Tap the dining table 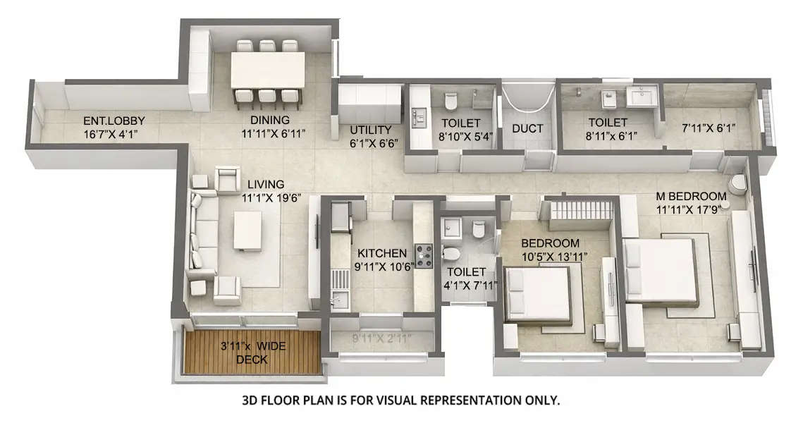point(268,70)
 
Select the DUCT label point(527,128)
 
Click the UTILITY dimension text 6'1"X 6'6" point(374,142)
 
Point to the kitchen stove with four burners point(424,255)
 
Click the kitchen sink point(339,300)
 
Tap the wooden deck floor point(251,353)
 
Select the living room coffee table point(247,231)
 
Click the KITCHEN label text point(381,253)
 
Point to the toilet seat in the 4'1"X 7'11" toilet point(451,253)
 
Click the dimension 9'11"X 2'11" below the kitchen point(381,338)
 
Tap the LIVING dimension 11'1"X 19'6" point(271,198)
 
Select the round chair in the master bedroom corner point(737,183)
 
